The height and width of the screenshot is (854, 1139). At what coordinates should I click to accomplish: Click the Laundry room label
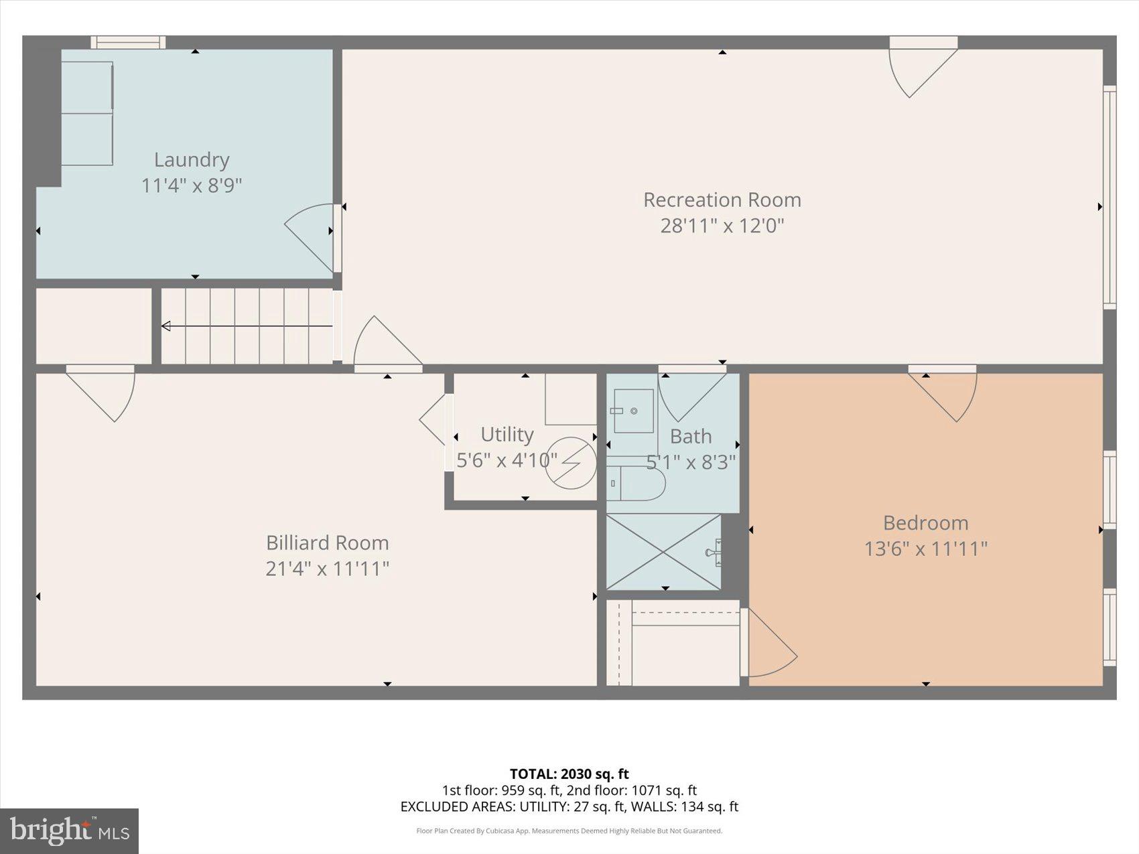click(x=192, y=159)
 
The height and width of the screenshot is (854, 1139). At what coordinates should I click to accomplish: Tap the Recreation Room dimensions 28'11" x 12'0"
click(x=722, y=225)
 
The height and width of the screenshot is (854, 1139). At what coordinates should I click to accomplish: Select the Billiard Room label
click(x=327, y=543)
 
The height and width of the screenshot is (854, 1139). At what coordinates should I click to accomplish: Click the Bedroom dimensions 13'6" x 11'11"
click(x=925, y=549)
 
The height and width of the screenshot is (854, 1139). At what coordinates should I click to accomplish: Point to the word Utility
click(x=507, y=434)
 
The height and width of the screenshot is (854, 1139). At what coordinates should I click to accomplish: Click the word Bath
click(x=690, y=436)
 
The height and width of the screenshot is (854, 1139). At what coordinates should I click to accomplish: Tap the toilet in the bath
click(x=636, y=483)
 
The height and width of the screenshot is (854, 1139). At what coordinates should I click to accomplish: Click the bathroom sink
click(x=632, y=411)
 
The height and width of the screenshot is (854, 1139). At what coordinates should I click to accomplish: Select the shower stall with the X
click(x=663, y=551)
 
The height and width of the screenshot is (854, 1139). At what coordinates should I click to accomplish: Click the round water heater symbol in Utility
click(x=570, y=462)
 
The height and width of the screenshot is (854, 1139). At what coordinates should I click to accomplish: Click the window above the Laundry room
click(x=128, y=42)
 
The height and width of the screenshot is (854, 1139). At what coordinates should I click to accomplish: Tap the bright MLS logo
click(x=70, y=831)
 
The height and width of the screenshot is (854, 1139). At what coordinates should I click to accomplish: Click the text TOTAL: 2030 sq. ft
click(x=569, y=774)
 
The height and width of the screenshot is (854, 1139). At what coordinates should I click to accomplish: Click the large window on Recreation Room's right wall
click(x=1110, y=197)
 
